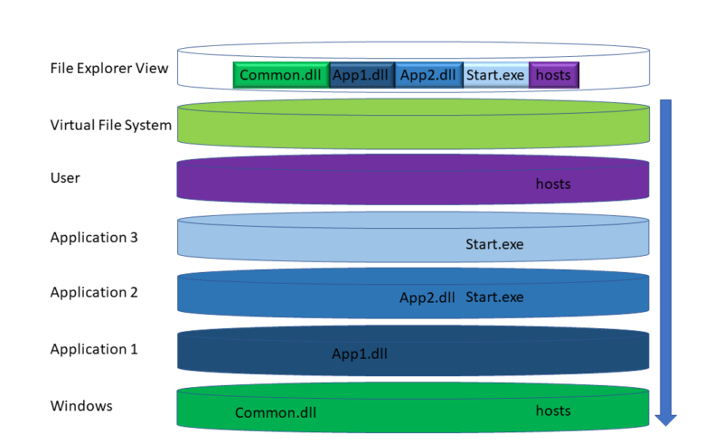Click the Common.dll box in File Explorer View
tap(281, 75)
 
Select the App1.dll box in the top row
tap(361, 75)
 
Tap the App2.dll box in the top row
tap(428, 75)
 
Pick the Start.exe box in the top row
tap(494, 75)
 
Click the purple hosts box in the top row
tap(553, 75)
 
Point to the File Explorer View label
tap(109, 68)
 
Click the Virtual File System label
tap(110, 125)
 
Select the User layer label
tap(65, 178)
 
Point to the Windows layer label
tap(81, 406)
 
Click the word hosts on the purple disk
tap(553, 184)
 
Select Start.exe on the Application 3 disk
tap(494, 244)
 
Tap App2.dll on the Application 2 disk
tap(427, 298)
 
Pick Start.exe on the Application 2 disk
tap(494, 298)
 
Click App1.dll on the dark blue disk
tap(360, 354)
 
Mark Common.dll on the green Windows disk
tap(276, 413)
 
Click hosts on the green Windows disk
tap(553, 411)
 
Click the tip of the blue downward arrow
tap(666, 423)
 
